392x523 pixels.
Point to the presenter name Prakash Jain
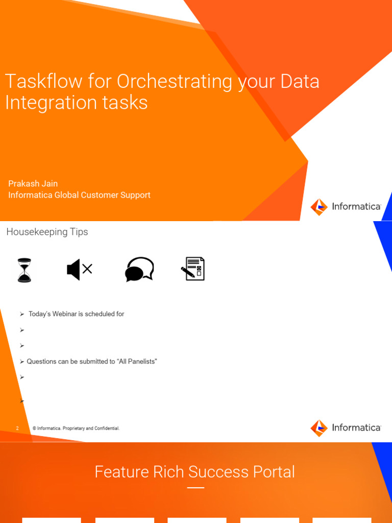point(33,183)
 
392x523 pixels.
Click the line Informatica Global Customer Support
point(79,195)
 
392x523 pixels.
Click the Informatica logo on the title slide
point(346,207)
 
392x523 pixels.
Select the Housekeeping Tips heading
point(47,232)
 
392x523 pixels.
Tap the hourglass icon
point(24,270)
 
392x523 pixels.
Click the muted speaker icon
point(79,269)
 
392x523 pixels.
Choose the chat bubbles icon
point(139,269)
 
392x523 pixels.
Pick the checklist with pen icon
point(193,269)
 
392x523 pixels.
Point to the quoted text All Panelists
point(137,362)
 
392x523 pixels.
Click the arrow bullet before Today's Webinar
point(22,314)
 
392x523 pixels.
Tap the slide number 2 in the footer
point(17,429)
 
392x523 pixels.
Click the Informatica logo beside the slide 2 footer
point(346,428)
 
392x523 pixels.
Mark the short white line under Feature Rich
point(195,488)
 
